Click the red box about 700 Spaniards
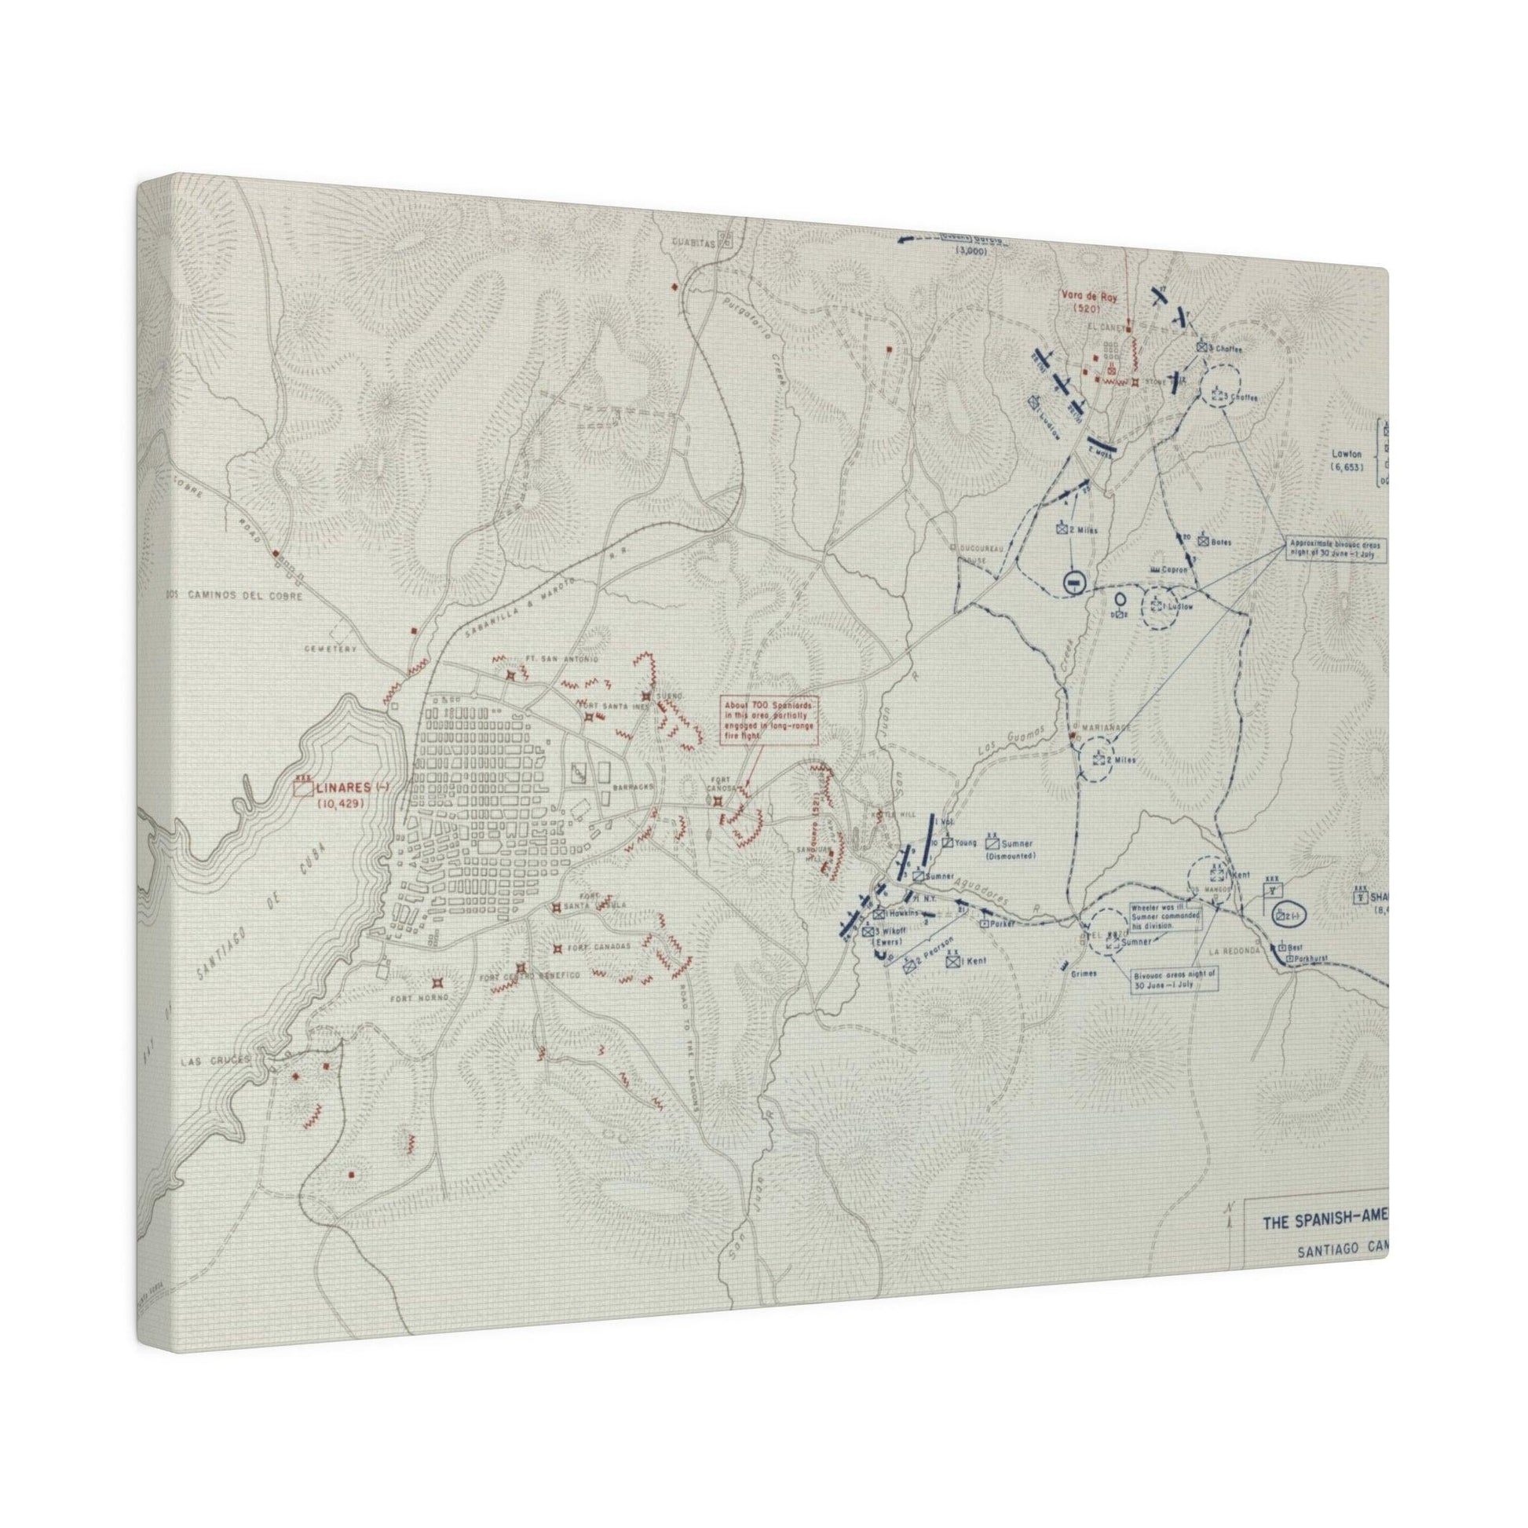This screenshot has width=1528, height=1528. (768, 721)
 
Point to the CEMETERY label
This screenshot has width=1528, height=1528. (331, 649)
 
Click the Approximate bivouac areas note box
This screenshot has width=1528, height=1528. (1336, 550)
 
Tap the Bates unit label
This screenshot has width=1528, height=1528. (1221, 543)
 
